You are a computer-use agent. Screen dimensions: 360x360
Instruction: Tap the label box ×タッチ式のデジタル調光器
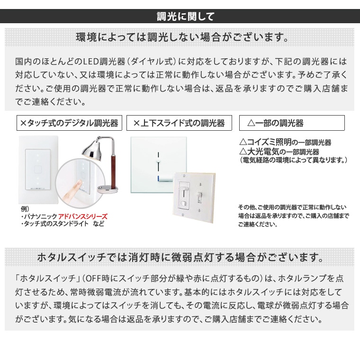pyautogui.click(x=69, y=123)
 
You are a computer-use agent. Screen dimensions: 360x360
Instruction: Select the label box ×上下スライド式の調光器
pyautogui.click(x=179, y=123)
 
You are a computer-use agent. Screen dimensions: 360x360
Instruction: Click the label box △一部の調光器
pyautogui.click(x=291, y=123)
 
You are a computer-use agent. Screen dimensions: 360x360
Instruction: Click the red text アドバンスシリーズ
pyautogui.click(x=83, y=216)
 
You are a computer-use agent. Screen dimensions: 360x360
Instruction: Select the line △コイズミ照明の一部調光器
pyautogui.click(x=285, y=143)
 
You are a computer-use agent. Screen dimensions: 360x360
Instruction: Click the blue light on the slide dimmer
pyautogui.click(x=158, y=178)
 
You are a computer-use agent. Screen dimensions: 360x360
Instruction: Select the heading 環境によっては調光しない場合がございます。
pyautogui.click(x=182, y=37)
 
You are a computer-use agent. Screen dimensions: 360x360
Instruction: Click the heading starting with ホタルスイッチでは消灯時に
pyautogui.click(x=180, y=258)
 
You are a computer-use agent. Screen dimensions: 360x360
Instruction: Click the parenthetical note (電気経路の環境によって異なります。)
pyautogui.click(x=293, y=161)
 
